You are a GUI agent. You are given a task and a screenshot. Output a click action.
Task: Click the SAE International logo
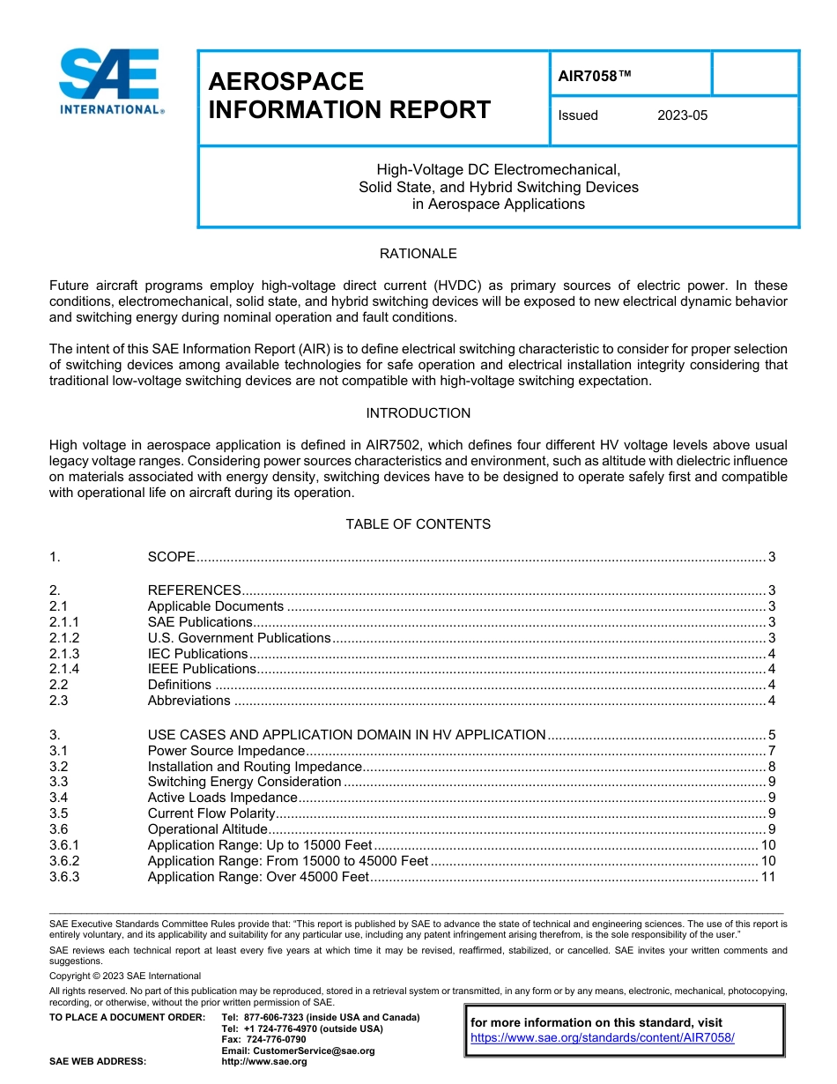coord(110,82)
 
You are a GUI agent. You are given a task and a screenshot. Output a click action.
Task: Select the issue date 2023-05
coord(682,115)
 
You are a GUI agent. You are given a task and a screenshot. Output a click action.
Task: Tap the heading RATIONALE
coord(418,254)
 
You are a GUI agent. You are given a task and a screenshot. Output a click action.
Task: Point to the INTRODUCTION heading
coord(418,413)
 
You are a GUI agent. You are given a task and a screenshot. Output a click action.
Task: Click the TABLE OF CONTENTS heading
coord(418,524)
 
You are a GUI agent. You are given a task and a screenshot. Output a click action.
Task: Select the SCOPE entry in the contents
coord(171,557)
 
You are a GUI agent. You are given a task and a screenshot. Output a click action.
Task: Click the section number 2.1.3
coord(64,654)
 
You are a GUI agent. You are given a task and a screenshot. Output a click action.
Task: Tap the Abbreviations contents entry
coord(189,702)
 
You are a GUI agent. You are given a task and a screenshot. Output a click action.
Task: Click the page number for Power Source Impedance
coord(771,751)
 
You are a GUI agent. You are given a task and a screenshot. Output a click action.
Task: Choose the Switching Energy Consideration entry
coord(243,782)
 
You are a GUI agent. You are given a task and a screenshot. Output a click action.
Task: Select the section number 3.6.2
coord(64,861)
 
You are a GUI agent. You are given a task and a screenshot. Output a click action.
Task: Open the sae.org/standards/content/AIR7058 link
coord(602,1038)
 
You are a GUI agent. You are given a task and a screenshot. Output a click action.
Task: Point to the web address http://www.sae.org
coord(264,1062)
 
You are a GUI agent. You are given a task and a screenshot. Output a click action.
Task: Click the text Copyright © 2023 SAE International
coord(125,976)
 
